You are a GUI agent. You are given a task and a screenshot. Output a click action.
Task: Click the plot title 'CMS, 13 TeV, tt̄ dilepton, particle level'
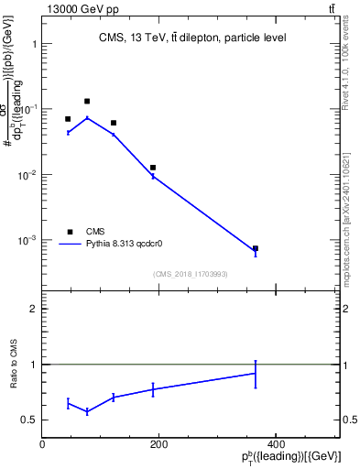pyautogui.click(x=192, y=38)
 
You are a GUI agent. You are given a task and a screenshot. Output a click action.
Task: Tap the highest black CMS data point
pyautogui.click(x=87, y=102)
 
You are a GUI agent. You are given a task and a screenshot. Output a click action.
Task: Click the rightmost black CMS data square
pyautogui.click(x=256, y=248)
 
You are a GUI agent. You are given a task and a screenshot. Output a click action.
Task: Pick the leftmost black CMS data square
pyautogui.click(x=68, y=119)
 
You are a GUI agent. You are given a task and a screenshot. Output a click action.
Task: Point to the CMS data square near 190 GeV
pyautogui.click(x=153, y=168)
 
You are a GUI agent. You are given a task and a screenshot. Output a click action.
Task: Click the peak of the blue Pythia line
pyautogui.click(x=87, y=117)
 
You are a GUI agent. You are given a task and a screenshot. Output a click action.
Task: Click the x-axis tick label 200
pyautogui.click(x=158, y=444)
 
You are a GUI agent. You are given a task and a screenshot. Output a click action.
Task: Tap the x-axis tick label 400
pyautogui.click(x=275, y=444)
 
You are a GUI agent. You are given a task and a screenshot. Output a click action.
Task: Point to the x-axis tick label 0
pyautogui.click(x=43, y=444)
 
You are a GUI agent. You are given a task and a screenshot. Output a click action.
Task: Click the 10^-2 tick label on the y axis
pyautogui.click(x=27, y=174)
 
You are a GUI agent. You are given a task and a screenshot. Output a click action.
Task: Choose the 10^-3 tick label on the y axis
pyautogui.click(x=27, y=240)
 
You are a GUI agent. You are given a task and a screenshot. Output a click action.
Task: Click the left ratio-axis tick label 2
pyautogui.click(x=33, y=310)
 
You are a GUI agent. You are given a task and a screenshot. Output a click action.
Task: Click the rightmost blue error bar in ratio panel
pyautogui.click(x=256, y=373)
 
